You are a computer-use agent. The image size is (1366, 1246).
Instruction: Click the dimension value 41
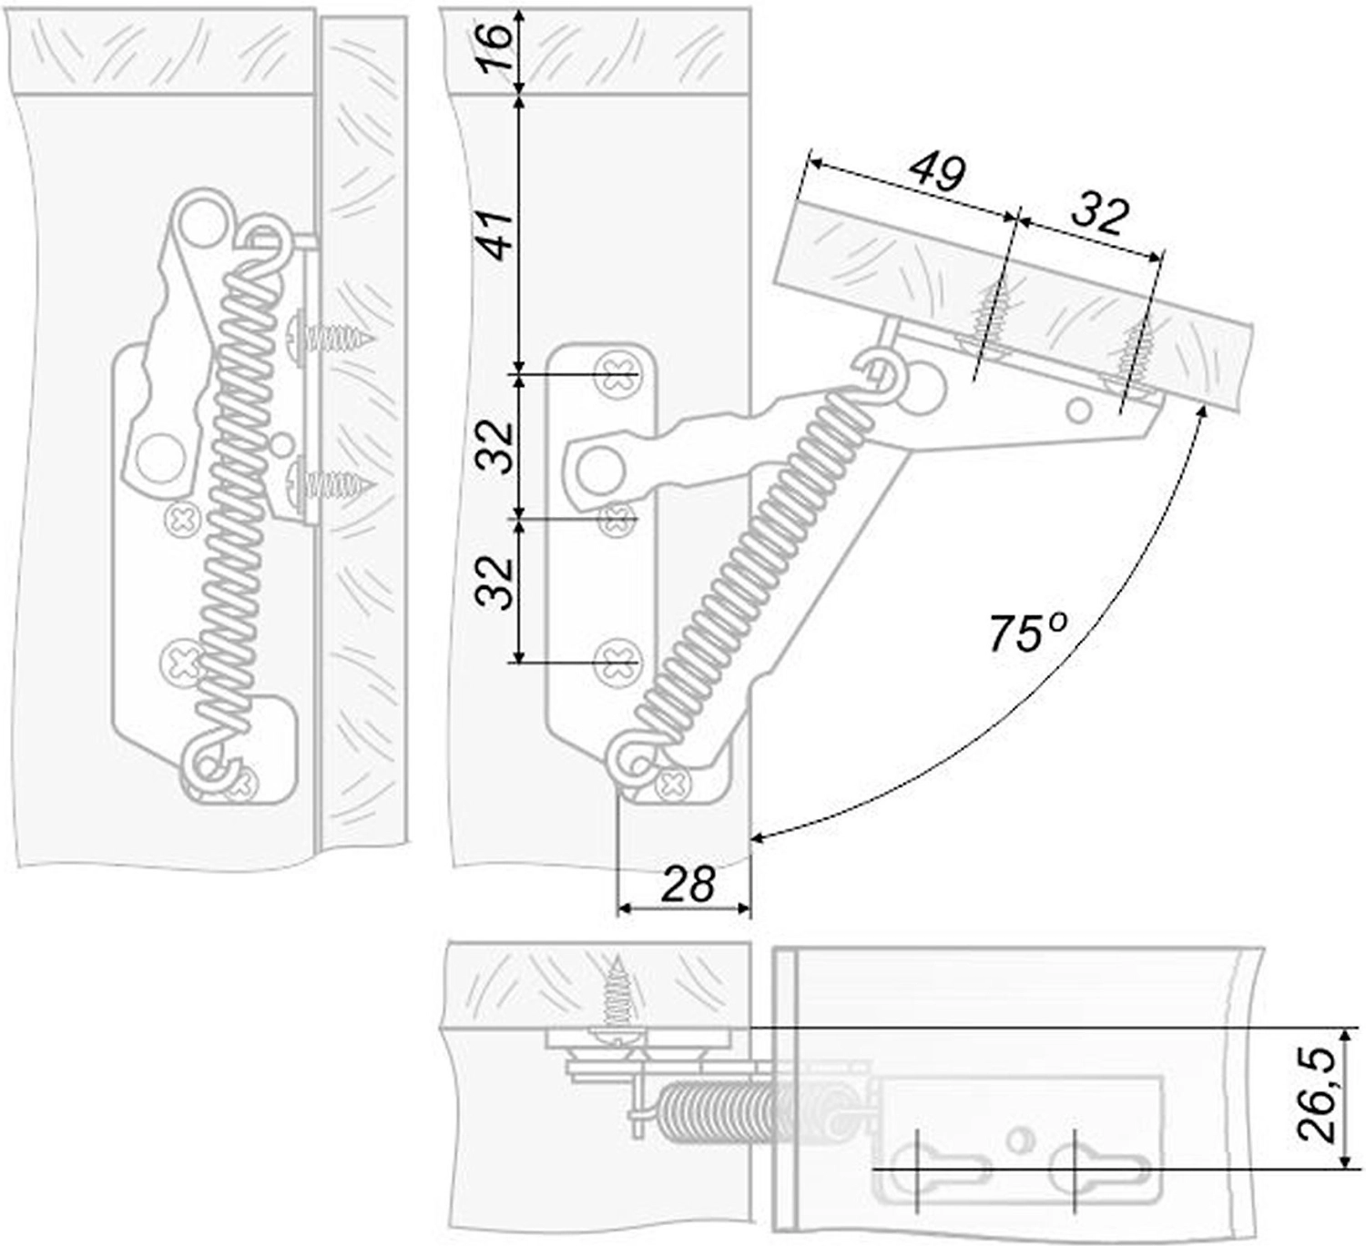[496, 235]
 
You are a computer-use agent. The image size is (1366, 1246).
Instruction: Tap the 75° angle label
[1027, 632]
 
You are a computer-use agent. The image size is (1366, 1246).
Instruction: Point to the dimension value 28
[688, 883]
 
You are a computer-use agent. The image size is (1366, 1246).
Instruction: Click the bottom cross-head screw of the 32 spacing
[616, 662]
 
